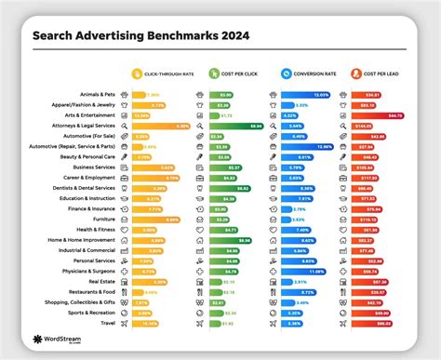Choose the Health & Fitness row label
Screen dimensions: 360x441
(x=95, y=229)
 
